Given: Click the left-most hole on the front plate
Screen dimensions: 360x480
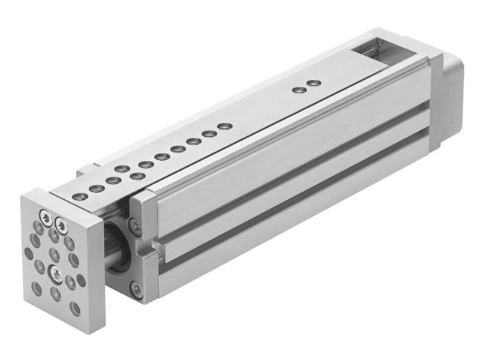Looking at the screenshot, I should point(28,253).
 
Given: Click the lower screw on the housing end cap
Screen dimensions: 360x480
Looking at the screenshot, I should point(137,290).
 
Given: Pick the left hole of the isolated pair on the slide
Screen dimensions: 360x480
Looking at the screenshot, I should point(297,90).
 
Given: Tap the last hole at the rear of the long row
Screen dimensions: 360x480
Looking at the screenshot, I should point(224,126).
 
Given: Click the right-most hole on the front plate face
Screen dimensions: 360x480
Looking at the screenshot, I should point(81,280).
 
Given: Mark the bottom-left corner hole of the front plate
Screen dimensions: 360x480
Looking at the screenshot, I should point(37,289).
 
